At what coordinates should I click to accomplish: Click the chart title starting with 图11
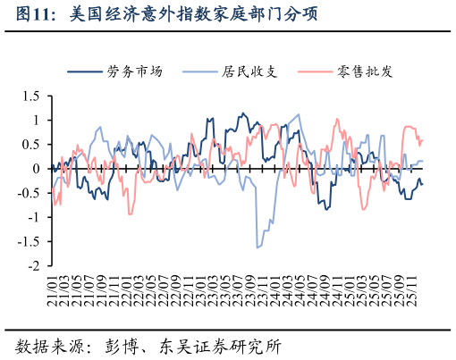click(166, 15)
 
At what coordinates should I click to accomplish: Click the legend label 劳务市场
click(134, 71)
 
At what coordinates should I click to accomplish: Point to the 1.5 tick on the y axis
click(31, 96)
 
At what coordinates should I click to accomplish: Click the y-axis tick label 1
click(37, 120)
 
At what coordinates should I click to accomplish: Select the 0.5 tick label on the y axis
click(31, 144)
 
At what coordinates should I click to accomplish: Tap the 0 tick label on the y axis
click(37, 169)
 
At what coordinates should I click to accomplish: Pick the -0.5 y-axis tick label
click(29, 193)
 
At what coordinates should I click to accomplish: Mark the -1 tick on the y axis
click(34, 217)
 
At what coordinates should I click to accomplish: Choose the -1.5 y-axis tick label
click(29, 241)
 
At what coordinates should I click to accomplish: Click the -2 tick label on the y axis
click(34, 265)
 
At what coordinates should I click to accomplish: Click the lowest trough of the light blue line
click(258, 247)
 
